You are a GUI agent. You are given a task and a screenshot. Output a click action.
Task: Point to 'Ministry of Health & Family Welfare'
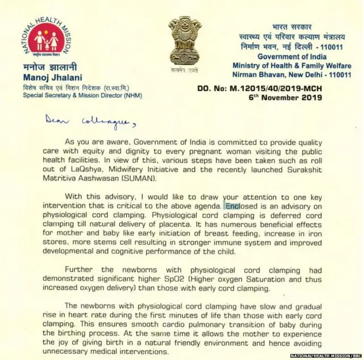click(x=292, y=66)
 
